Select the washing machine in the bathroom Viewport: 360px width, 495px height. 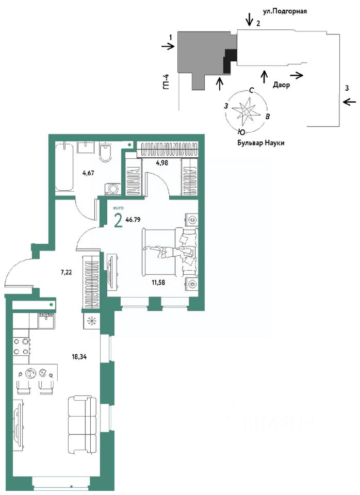tap(113, 188)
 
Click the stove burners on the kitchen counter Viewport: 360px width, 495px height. tap(21, 346)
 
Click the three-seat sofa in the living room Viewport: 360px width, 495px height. tap(82, 425)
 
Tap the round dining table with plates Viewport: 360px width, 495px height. tap(35, 373)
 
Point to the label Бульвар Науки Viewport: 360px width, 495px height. tap(261, 142)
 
